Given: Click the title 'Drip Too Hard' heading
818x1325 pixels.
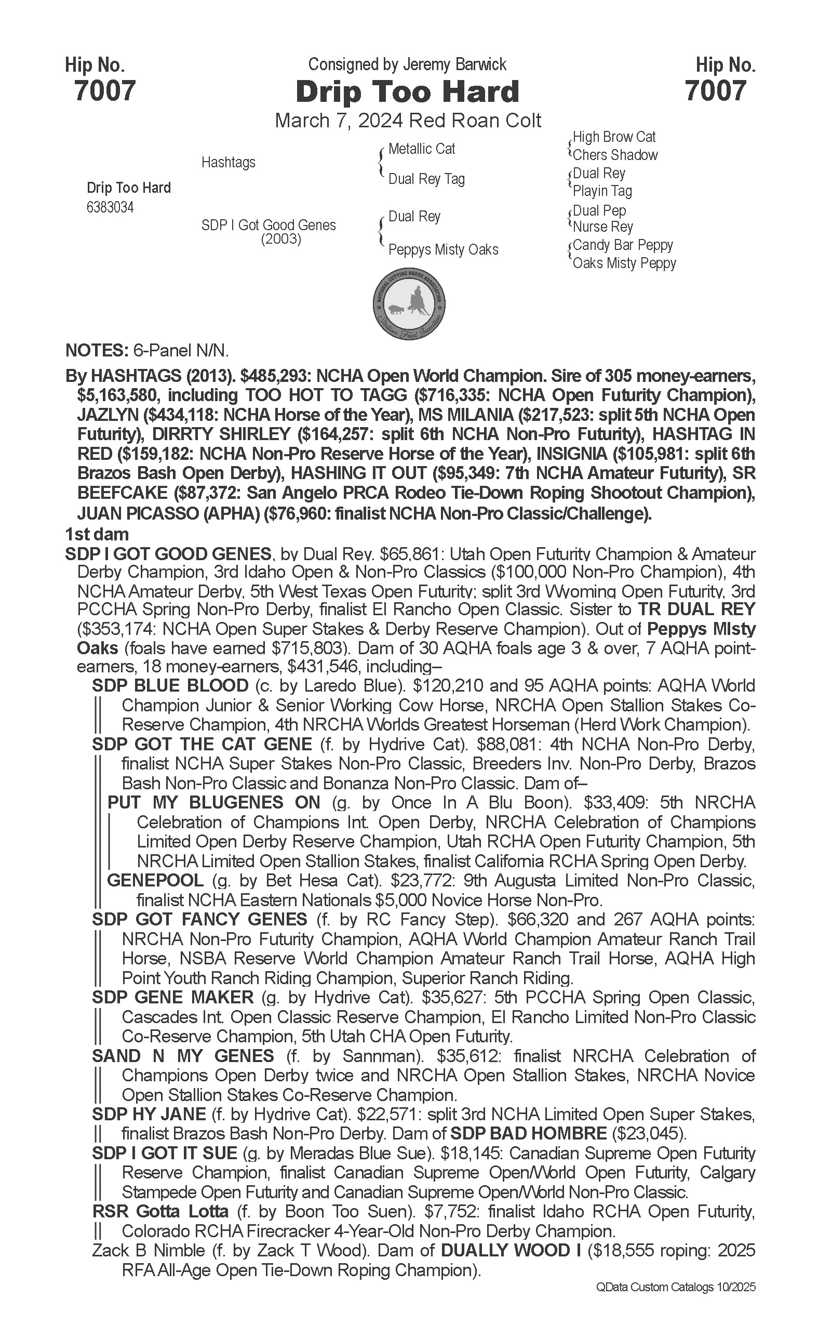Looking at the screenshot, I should coord(407,91).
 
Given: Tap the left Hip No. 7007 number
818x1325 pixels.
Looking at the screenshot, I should coord(104,90).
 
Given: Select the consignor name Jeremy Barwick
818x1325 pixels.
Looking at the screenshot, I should coord(454,64).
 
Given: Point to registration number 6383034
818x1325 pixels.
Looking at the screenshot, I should coord(110,208).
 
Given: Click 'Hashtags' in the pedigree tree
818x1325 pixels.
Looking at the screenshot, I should coord(229,162).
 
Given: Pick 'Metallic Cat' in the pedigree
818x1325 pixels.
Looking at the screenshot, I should coord(421,149).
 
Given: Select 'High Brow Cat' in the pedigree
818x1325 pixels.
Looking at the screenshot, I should coord(614,137).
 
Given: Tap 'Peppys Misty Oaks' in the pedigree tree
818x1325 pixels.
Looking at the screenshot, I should coord(443,250).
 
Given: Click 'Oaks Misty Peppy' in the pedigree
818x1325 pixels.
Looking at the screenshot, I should coord(624,263).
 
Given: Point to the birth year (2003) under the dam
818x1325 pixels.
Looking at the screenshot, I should coord(281,239).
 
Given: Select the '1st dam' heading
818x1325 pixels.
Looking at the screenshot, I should coord(97,534).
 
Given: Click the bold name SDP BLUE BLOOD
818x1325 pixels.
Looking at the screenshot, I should coord(170,686).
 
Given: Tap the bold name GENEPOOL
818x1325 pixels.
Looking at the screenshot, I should coord(155,881).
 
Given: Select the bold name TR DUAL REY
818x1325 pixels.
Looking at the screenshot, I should coord(696,609).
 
